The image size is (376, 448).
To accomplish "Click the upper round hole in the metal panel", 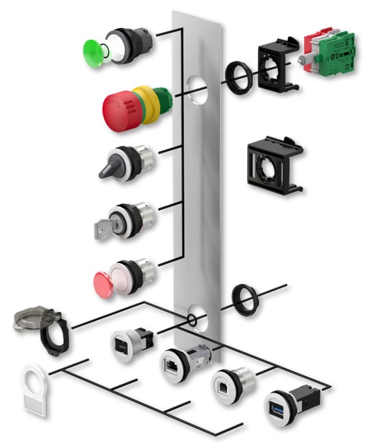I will [197, 89].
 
